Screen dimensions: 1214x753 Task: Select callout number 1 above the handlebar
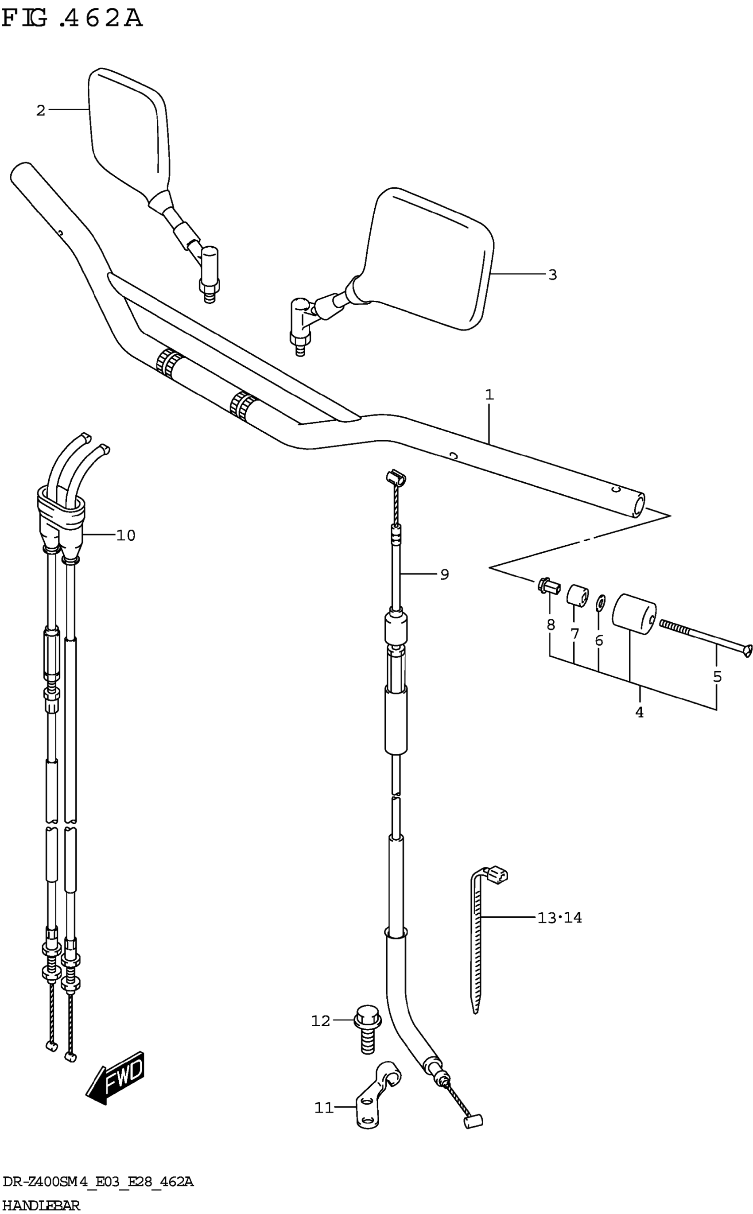pos(489,395)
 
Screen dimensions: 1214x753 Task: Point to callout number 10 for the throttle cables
pos(125,535)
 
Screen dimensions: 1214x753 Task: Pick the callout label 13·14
pos(559,917)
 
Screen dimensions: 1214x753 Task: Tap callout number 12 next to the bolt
pos(321,1021)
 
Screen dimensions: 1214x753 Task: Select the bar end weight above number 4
pos(633,613)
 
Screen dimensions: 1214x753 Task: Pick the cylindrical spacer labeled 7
pos(577,595)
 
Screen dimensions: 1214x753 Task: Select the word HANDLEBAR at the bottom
pos(41,1206)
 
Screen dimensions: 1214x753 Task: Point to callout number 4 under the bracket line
pos(640,712)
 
